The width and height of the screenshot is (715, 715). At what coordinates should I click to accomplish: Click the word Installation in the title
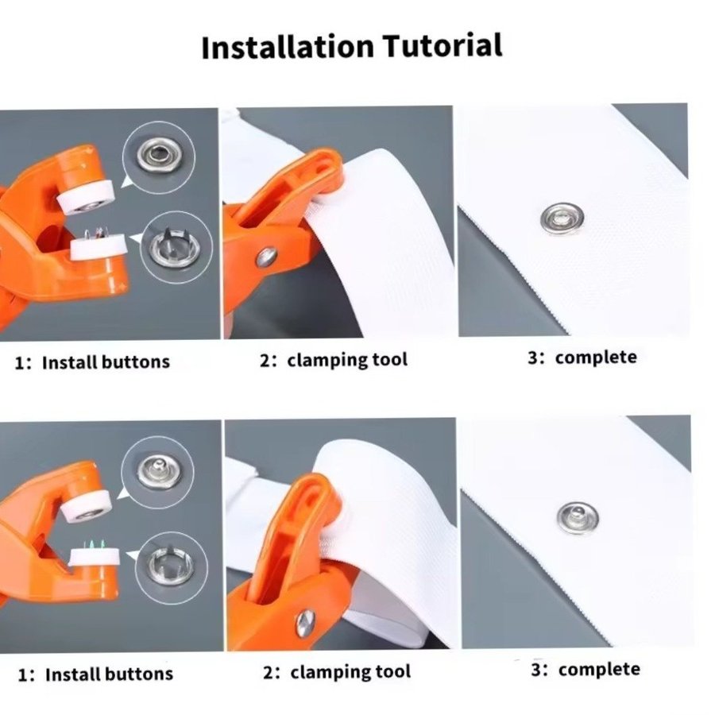[x=288, y=47]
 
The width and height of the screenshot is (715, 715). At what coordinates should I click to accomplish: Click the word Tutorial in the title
[x=443, y=44]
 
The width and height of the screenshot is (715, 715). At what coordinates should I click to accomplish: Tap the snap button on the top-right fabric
[x=562, y=218]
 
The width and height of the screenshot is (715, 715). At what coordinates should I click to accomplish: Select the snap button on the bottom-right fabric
[x=578, y=517]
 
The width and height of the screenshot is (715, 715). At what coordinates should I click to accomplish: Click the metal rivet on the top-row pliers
[x=267, y=257]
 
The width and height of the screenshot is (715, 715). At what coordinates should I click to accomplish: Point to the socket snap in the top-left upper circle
[x=159, y=157]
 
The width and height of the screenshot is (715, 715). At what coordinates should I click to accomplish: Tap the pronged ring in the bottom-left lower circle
[x=171, y=566]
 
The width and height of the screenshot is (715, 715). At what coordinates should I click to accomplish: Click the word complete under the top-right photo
[x=596, y=357]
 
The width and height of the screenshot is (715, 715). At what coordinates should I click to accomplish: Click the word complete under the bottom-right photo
[x=599, y=670]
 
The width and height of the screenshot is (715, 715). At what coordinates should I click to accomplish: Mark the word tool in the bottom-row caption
[x=393, y=671]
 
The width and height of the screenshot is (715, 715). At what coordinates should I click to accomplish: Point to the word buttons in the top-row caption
[x=135, y=362]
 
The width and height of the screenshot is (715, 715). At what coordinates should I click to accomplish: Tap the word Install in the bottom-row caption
[x=71, y=674]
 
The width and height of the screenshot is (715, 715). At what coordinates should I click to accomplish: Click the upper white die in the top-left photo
[x=86, y=196]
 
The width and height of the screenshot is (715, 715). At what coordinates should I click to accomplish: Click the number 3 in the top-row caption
[x=532, y=358]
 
